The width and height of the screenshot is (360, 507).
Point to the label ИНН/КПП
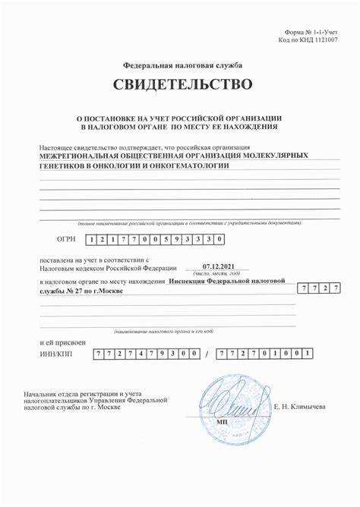(55, 354)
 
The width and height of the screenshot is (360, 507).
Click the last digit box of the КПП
(308, 354)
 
